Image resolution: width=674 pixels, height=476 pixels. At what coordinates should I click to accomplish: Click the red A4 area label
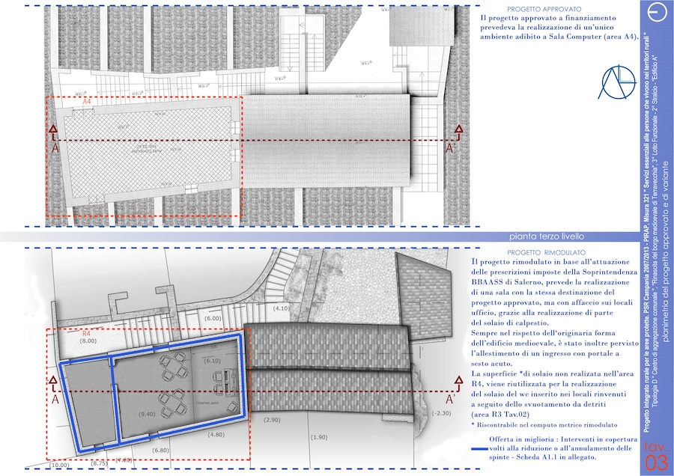coord(87,100)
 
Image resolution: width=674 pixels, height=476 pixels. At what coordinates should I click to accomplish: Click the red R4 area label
coord(86,333)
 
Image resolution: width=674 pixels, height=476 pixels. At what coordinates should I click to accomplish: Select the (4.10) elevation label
coord(282,308)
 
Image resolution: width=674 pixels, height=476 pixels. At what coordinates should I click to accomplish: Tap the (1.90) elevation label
coord(318,437)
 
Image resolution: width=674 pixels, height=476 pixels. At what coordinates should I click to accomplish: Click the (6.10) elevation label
coord(213,361)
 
